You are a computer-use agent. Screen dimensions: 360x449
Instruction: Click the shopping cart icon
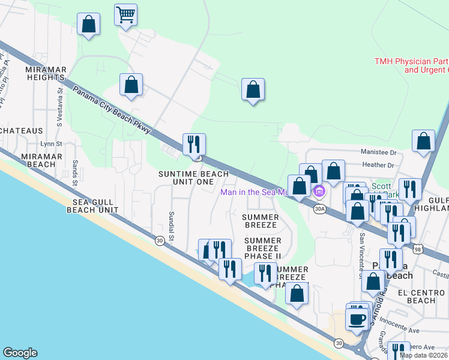click(x=125, y=14)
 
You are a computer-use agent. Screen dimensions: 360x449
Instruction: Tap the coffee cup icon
click(x=358, y=317)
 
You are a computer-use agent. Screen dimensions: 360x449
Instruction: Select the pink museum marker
click(x=319, y=192)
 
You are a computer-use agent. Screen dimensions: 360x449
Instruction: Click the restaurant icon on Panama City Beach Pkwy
click(x=194, y=144)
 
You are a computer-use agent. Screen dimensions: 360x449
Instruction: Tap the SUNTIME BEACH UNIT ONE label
click(x=193, y=178)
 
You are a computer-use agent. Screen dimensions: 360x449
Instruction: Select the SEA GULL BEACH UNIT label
click(x=92, y=206)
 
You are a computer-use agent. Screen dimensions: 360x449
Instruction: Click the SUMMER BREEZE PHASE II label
click(x=262, y=248)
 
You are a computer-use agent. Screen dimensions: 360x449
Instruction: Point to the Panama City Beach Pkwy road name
click(x=113, y=110)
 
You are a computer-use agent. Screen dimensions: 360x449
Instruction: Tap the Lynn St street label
click(x=50, y=144)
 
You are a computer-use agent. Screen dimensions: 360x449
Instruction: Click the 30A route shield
click(x=319, y=209)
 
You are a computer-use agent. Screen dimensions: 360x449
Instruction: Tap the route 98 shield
click(x=417, y=248)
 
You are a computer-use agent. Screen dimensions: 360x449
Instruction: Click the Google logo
click(x=20, y=353)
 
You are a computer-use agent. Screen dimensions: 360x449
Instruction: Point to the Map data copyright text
click(x=424, y=355)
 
